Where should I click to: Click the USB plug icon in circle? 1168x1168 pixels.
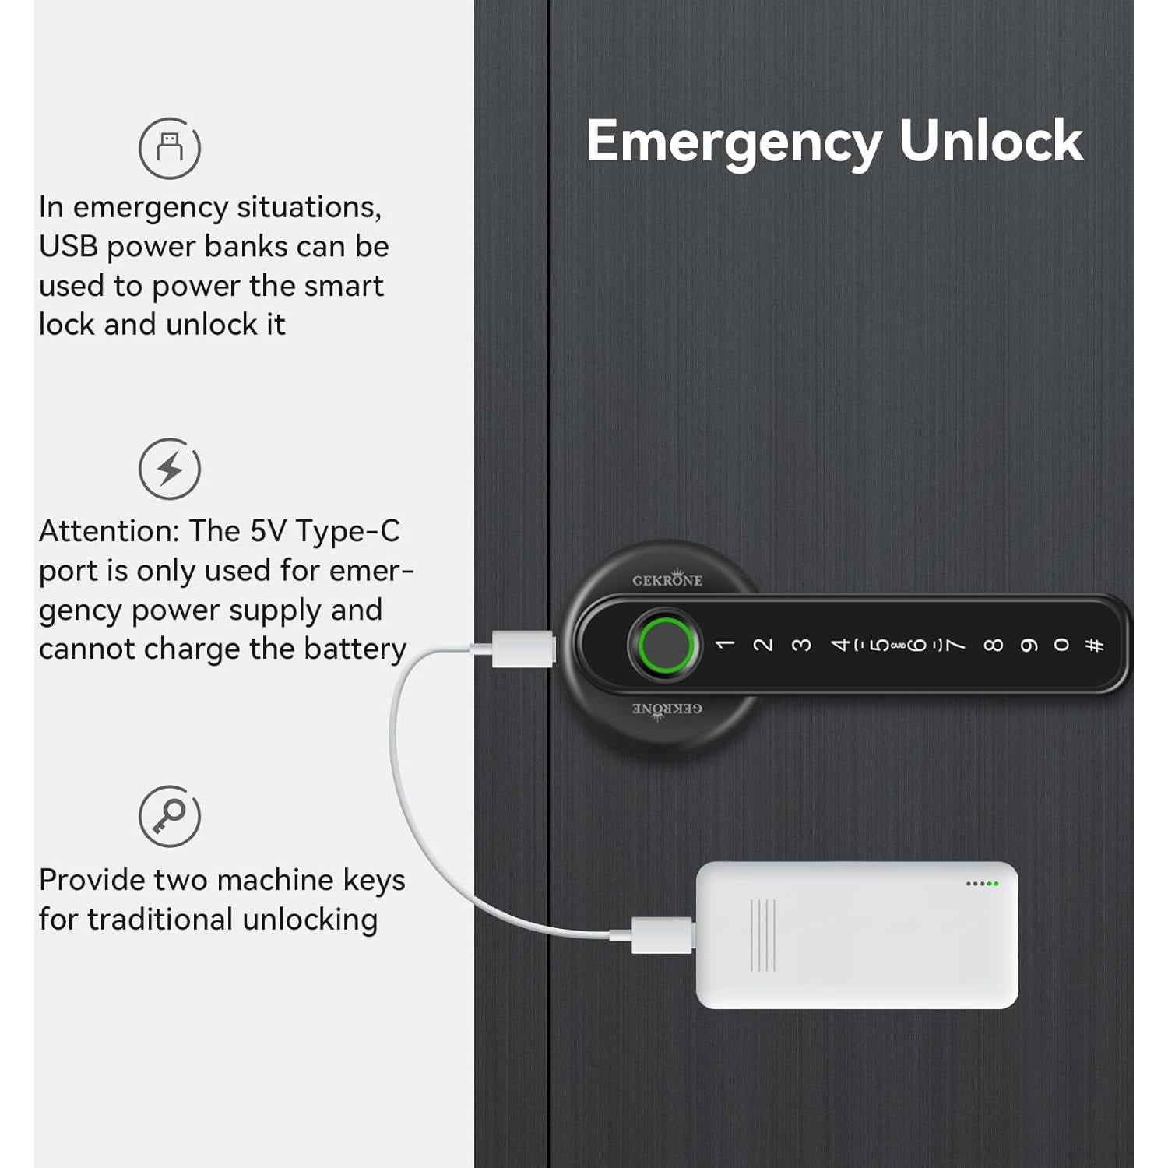coord(170,148)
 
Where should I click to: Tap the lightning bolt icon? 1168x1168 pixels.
coord(170,470)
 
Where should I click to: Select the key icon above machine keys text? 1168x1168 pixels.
coord(170,816)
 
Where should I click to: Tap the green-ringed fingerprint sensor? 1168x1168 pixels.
coord(664,646)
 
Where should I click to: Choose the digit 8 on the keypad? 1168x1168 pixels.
coord(993,646)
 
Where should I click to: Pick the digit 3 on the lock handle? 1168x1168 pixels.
coord(801,646)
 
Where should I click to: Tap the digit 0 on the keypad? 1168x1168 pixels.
coord(1061,645)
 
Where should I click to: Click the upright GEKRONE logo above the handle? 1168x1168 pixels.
coord(667,579)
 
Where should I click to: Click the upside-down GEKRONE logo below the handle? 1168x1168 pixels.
coord(667,709)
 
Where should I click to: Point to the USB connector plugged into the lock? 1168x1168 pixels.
coord(522,649)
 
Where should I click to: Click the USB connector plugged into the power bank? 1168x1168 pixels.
coord(661,934)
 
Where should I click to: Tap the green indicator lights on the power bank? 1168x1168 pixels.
coord(982,884)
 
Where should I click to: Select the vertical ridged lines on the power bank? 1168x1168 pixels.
coord(763,935)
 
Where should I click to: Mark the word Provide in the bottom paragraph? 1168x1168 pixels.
coord(91,880)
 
